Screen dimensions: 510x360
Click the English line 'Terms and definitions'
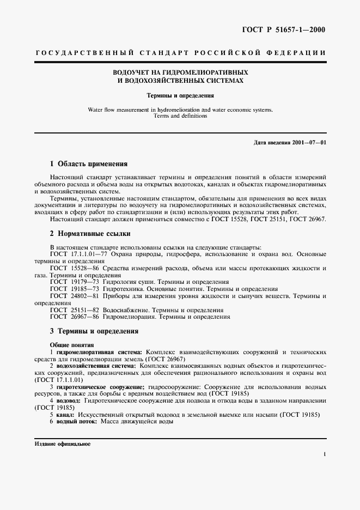[x=180, y=116]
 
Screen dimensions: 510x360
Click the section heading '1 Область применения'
[x=88, y=163]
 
